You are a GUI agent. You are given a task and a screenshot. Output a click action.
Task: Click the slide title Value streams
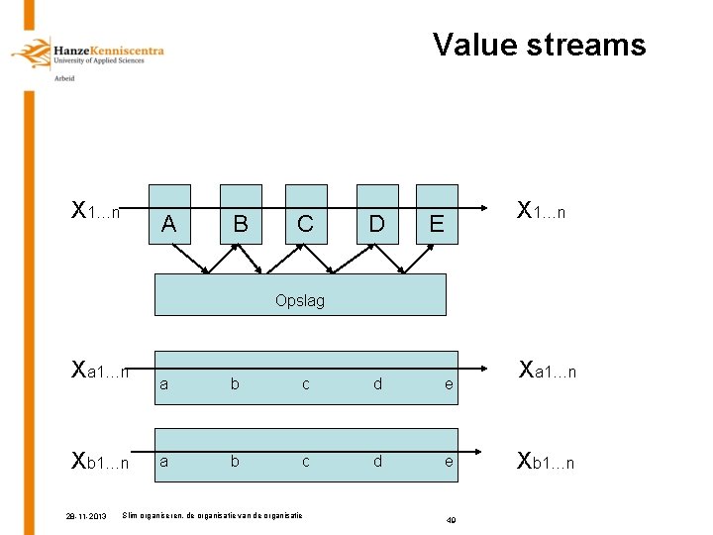click(x=539, y=45)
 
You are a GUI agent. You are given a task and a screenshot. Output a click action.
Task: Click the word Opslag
click(x=300, y=300)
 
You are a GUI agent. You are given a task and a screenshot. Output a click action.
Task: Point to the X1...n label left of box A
click(x=96, y=211)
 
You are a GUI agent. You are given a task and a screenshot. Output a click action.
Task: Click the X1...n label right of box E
click(x=542, y=211)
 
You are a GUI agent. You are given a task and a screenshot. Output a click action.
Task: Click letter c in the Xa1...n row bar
click(x=305, y=384)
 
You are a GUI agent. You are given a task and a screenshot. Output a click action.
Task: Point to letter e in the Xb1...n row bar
click(x=449, y=462)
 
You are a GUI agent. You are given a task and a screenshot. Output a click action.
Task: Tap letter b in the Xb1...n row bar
click(x=235, y=462)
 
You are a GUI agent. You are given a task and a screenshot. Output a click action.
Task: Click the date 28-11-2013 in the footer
click(x=88, y=516)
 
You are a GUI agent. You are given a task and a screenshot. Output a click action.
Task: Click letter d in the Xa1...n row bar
click(x=377, y=384)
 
